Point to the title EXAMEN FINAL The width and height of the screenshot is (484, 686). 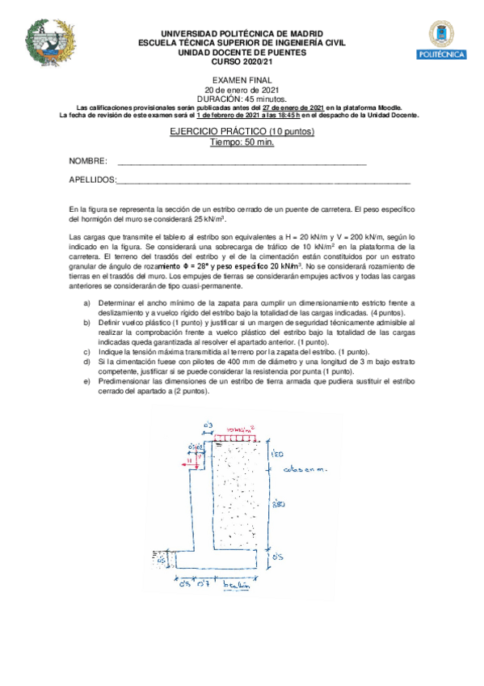[242, 81]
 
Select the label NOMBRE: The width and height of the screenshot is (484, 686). [88, 162]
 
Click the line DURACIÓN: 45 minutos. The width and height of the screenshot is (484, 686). [242, 98]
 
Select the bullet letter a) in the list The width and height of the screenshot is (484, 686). [88, 302]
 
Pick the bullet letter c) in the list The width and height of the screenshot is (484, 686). [88, 352]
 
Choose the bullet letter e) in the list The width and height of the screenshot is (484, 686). [88, 381]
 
